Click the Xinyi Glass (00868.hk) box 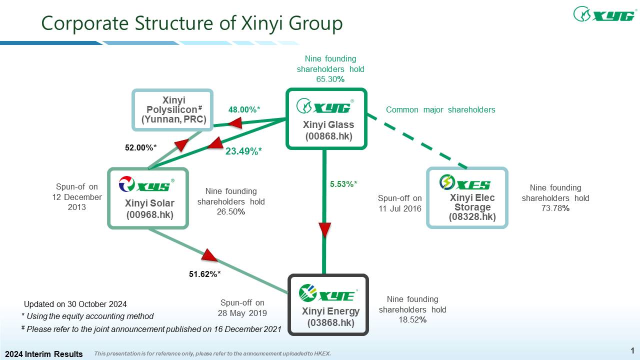click(x=326, y=119)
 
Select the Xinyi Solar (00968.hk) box click(x=148, y=198)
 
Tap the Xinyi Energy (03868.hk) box click(x=329, y=304)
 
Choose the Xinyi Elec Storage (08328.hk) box click(x=467, y=198)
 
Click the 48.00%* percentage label click(x=245, y=109)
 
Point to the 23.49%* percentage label click(x=243, y=150)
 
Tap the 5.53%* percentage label click(x=343, y=184)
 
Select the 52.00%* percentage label click(x=141, y=147)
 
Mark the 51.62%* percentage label click(x=205, y=274)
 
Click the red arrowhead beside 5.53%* click(x=325, y=230)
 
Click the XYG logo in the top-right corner click(x=604, y=14)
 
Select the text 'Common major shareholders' click(x=440, y=109)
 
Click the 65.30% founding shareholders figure click(x=330, y=79)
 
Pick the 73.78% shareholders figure click(x=555, y=208)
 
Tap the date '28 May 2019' click(x=242, y=313)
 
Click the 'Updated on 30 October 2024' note click(x=75, y=304)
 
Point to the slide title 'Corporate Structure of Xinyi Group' click(x=192, y=23)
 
